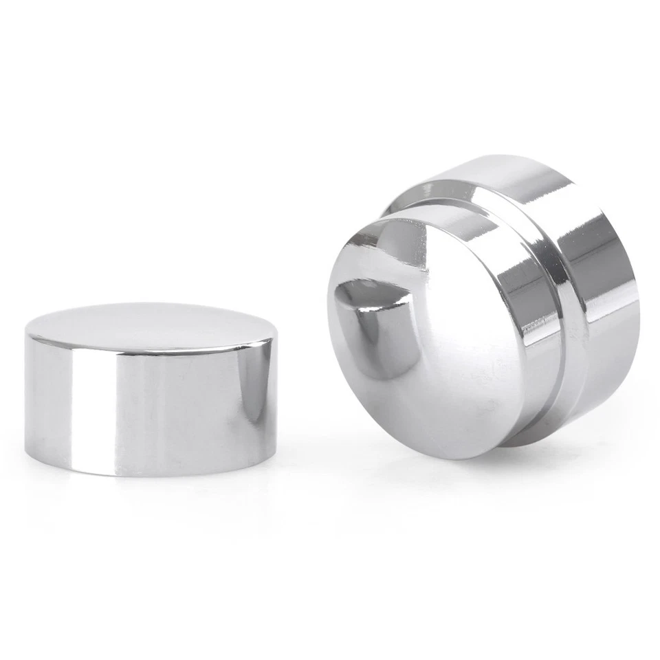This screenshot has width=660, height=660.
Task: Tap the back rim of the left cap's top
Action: pos(151,304)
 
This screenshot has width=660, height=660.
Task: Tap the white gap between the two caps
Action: pos(302,385)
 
